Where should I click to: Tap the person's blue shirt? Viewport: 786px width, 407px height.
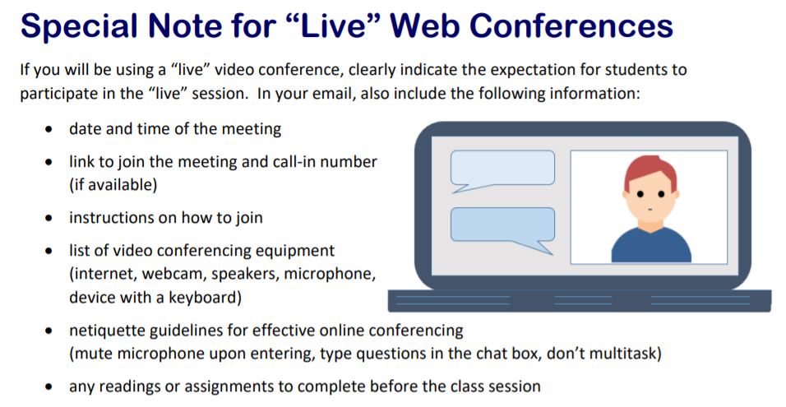tap(651, 246)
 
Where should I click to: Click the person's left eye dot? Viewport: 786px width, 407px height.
tap(640, 194)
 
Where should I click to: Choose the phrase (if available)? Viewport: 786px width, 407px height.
tap(113, 185)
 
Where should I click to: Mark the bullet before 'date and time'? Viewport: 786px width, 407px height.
tap(49, 129)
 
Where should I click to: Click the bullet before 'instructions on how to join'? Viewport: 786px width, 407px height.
tap(49, 218)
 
